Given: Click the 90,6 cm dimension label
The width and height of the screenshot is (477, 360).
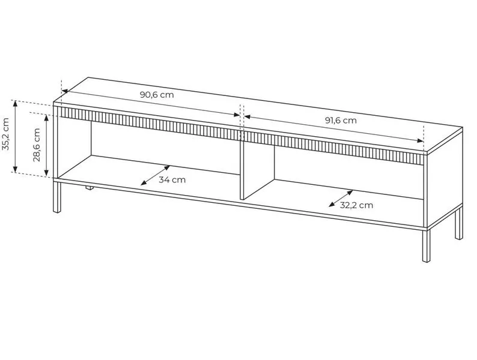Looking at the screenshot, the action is click(x=157, y=95).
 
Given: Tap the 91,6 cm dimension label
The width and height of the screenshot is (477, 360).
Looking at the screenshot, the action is click(x=341, y=121).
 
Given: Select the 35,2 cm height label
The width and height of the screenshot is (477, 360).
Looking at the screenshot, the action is click(x=6, y=134).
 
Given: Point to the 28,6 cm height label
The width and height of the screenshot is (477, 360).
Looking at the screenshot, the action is click(x=37, y=145).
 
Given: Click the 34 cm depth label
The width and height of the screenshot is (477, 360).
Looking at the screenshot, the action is click(x=172, y=180).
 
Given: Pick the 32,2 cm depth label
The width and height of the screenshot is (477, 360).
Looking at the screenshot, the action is click(x=356, y=205).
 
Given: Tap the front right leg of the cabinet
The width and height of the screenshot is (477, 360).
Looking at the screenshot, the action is click(x=427, y=245).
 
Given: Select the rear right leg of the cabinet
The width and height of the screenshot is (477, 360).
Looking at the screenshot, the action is click(x=459, y=223).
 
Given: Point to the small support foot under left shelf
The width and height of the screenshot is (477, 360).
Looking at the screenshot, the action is click(x=89, y=188).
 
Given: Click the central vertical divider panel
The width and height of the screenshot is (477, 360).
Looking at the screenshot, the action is click(x=257, y=170).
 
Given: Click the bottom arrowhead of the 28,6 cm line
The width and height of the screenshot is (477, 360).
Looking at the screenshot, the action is click(x=46, y=173).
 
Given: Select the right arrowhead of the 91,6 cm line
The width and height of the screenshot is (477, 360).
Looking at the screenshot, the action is click(x=420, y=140).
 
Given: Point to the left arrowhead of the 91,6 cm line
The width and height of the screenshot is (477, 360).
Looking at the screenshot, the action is click(x=248, y=116).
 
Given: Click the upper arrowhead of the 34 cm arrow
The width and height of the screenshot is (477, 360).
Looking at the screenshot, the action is click(x=167, y=168).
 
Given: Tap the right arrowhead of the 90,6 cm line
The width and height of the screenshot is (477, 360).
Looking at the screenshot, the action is click(x=236, y=115).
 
